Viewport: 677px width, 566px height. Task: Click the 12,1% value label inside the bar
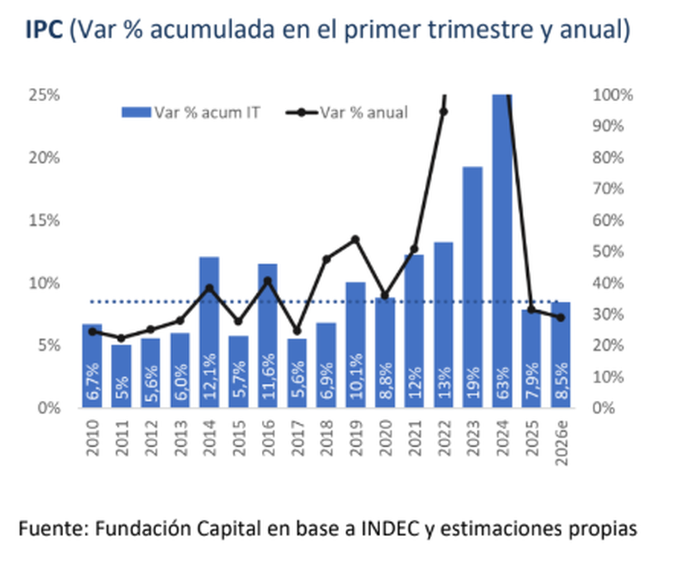coord(209,375)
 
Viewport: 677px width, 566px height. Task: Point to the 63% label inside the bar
coord(502,383)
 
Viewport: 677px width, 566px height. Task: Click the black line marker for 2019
coord(355,239)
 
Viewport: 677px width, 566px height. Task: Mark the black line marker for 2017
coord(297,331)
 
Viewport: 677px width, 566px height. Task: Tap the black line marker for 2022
coord(443,112)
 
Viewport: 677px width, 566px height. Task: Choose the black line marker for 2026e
coord(560,318)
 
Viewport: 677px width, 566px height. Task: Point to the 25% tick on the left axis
coord(43,95)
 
